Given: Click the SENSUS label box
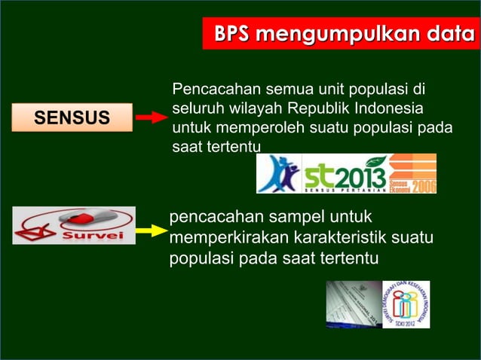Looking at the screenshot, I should point(72,117).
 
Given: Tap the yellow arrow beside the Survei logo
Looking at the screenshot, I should point(152,224).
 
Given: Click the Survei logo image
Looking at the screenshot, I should point(74,225).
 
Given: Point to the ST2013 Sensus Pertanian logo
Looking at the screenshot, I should point(344,174).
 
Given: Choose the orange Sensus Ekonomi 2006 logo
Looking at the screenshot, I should point(412,174).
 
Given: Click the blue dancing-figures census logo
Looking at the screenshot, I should point(278,174).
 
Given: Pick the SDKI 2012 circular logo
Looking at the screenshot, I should point(406,304).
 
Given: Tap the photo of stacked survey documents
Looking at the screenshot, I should point(354,304).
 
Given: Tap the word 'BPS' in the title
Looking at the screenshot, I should point(231,35).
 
